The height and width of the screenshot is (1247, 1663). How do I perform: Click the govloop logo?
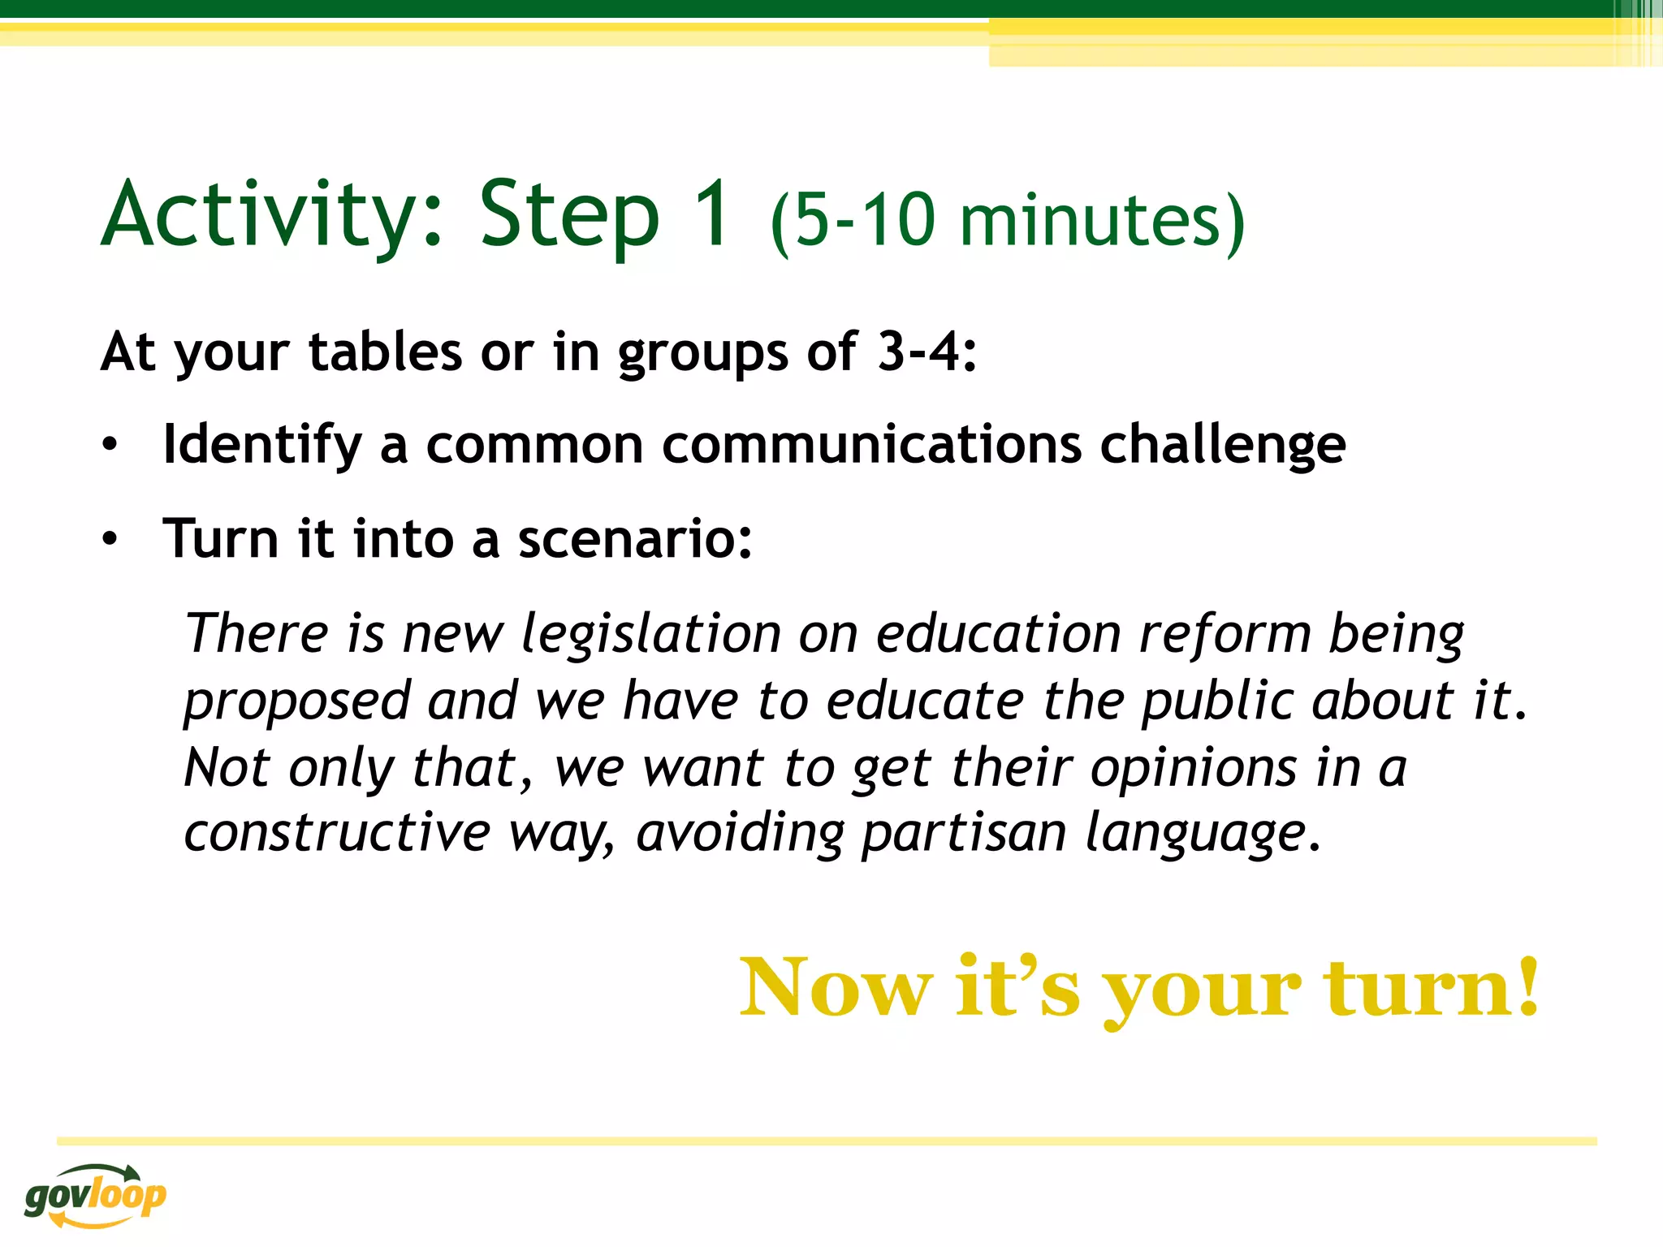95,1194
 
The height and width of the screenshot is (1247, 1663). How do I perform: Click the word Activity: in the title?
273,215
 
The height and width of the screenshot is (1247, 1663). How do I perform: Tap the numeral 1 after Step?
714,213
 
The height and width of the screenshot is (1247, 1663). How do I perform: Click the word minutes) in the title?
1102,221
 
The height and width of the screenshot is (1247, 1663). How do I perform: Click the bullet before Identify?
110,445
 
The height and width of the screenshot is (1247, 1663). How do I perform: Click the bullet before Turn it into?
110,539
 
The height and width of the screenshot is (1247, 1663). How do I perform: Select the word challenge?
1222,445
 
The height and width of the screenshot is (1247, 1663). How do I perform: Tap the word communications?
871,445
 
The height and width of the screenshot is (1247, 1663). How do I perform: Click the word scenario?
635,539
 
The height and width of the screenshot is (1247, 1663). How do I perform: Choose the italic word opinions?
1193,767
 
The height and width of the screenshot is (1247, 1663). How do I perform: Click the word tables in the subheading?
386,352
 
